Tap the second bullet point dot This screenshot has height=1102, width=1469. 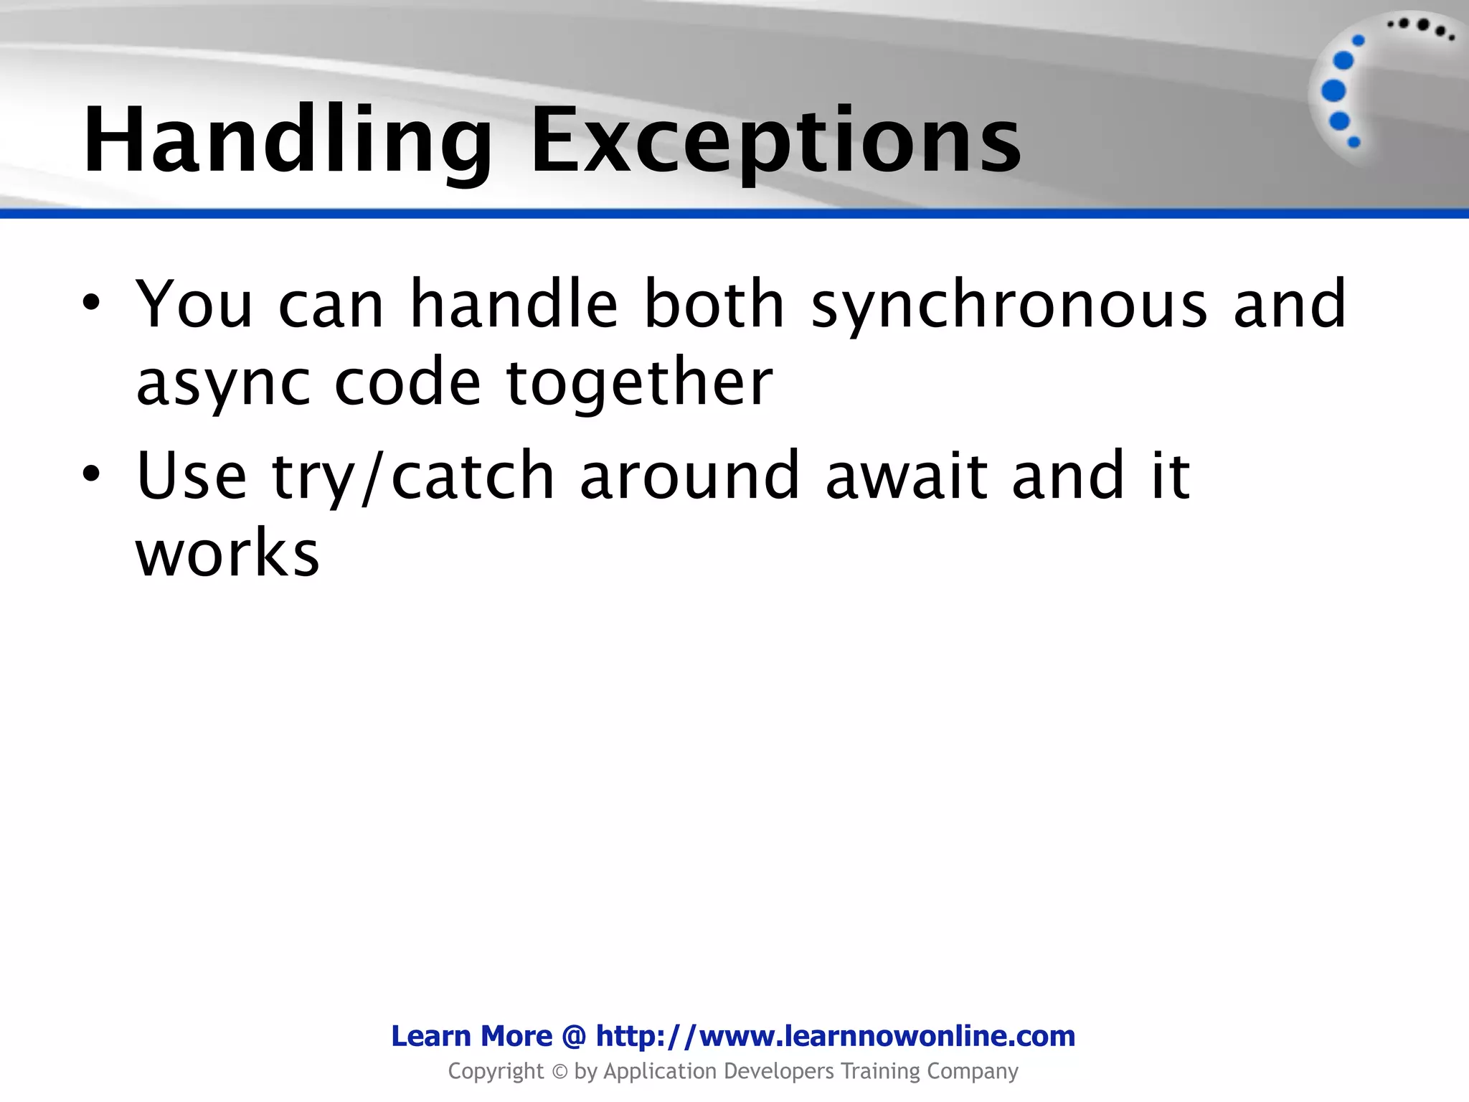pyautogui.click(x=90, y=474)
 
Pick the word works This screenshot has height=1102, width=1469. pyautogui.click(x=227, y=553)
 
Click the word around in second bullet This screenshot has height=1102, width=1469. pyautogui.click(x=689, y=475)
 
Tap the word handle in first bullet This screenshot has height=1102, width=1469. pyautogui.click(x=514, y=304)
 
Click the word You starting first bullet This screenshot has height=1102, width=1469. pyautogui.click(x=194, y=304)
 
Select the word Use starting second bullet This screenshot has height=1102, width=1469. pyautogui.click(x=192, y=475)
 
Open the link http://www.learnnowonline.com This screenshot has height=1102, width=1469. pyautogui.click(x=836, y=1036)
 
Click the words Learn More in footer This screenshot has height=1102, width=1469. pyautogui.click(x=471, y=1036)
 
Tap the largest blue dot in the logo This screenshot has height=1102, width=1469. pyautogui.click(x=1333, y=91)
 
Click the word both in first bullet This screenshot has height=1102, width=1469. pyautogui.click(x=714, y=304)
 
